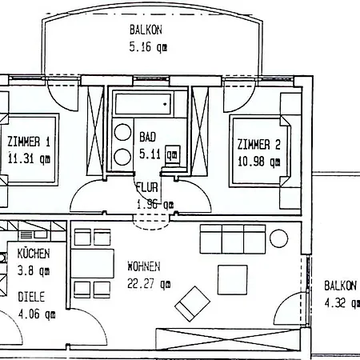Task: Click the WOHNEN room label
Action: click(x=144, y=266)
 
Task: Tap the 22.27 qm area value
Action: click(x=149, y=284)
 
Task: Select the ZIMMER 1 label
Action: click(x=29, y=142)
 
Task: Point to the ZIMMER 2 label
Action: click(x=259, y=144)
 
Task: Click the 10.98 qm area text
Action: click(x=258, y=162)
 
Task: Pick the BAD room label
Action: click(x=147, y=137)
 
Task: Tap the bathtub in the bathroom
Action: click(x=143, y=104)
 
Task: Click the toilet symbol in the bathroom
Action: click(x=173, y=154)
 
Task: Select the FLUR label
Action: click(x=147, y=187)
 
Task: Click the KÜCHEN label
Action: click(x=34, y=254)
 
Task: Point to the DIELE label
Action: click(x=31, y=297)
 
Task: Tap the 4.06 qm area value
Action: click(x=37, y=314)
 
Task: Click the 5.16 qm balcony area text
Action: click(x=148, y=47)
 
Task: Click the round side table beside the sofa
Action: click(x=279, y=238)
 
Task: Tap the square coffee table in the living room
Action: click(x=233, y=280)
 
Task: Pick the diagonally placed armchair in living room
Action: click(x=192, y=304)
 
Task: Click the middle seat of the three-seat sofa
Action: click(x=233, y=239)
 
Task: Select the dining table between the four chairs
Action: click(x=92, y=263)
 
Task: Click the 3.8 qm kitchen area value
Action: click(x=34, y=271)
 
